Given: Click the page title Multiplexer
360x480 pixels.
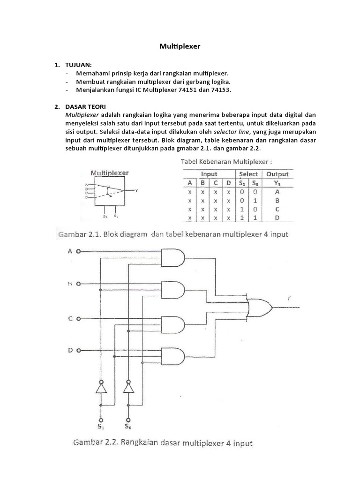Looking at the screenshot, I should tap(180, 47).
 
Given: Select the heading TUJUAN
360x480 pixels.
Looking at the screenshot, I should tap(79, 64).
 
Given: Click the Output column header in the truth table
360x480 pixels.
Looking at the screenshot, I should tap(277, 174).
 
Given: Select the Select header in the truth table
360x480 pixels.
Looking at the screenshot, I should tap(248, 174).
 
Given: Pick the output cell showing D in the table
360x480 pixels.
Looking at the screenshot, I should tap(277, 218).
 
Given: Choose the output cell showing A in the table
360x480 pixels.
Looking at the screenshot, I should tap(277, 192).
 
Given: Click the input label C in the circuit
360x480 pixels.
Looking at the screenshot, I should tap(70, 319).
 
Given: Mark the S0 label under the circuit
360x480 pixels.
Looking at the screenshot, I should tap(128, 427).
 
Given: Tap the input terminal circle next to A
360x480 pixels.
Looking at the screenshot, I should tap(78, 251).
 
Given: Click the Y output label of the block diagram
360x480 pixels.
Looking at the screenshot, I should tap(136, 190).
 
